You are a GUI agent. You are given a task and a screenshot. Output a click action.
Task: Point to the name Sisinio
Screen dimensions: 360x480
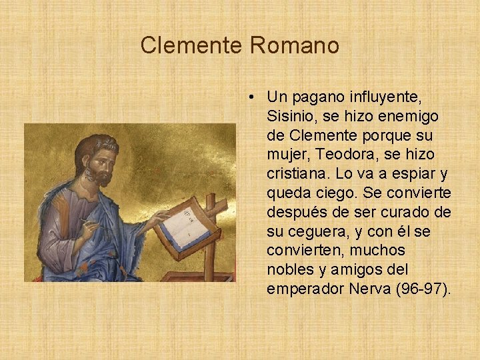point(290,117)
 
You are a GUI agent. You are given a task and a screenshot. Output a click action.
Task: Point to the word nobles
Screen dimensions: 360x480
point(290,270)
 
